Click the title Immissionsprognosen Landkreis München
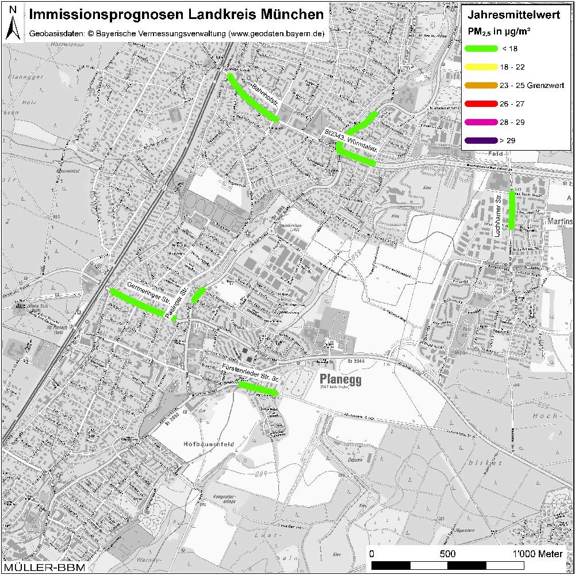pyautogui.click(x=176, y=14)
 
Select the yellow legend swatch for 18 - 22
pyautogui.click(x=481, y=67)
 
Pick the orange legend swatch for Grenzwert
pyautogui.click(x=481, y=86)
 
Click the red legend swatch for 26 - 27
pyautogui.click(x=481, y=104)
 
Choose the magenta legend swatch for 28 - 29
pyautogui.click(x=481, y=122)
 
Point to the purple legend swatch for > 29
pyautogui.click(x=481, y=141)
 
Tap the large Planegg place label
pyautogui.click(x=340, y=381)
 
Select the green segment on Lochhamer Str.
pyautogui.click(x=511, y=209)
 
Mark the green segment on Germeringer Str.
pyautogui.click(x=137, y=302)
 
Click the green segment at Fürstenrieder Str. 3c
pyautogui.click(x=258, y=388)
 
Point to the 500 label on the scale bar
pyautogui.click(x=447, y=554)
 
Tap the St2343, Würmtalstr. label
pyautogui.click(x=351, y=141)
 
